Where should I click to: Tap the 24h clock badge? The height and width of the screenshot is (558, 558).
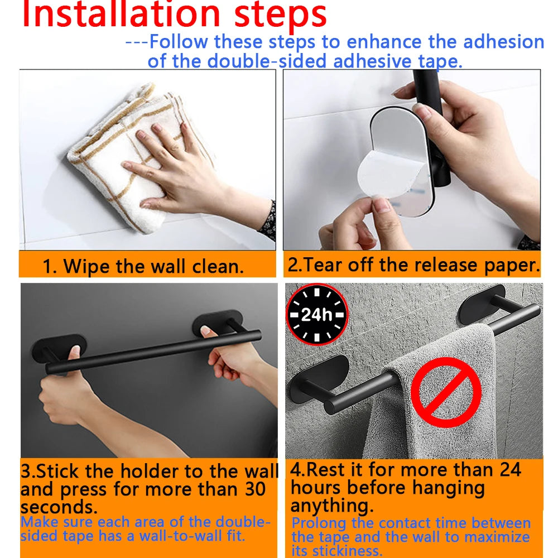(x=316, y=315)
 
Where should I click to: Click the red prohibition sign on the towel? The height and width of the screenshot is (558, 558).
(x=446, y=392)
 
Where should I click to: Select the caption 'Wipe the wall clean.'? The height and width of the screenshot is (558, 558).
(x=143, y=266)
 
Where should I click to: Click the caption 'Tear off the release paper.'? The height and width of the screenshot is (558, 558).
(x=413, y=265)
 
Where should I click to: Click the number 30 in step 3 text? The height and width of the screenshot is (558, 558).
(x=255, y=489)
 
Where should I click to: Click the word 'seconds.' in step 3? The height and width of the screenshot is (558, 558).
(x=59, y=507)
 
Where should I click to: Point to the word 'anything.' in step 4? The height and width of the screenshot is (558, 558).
(x=331, y=506)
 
